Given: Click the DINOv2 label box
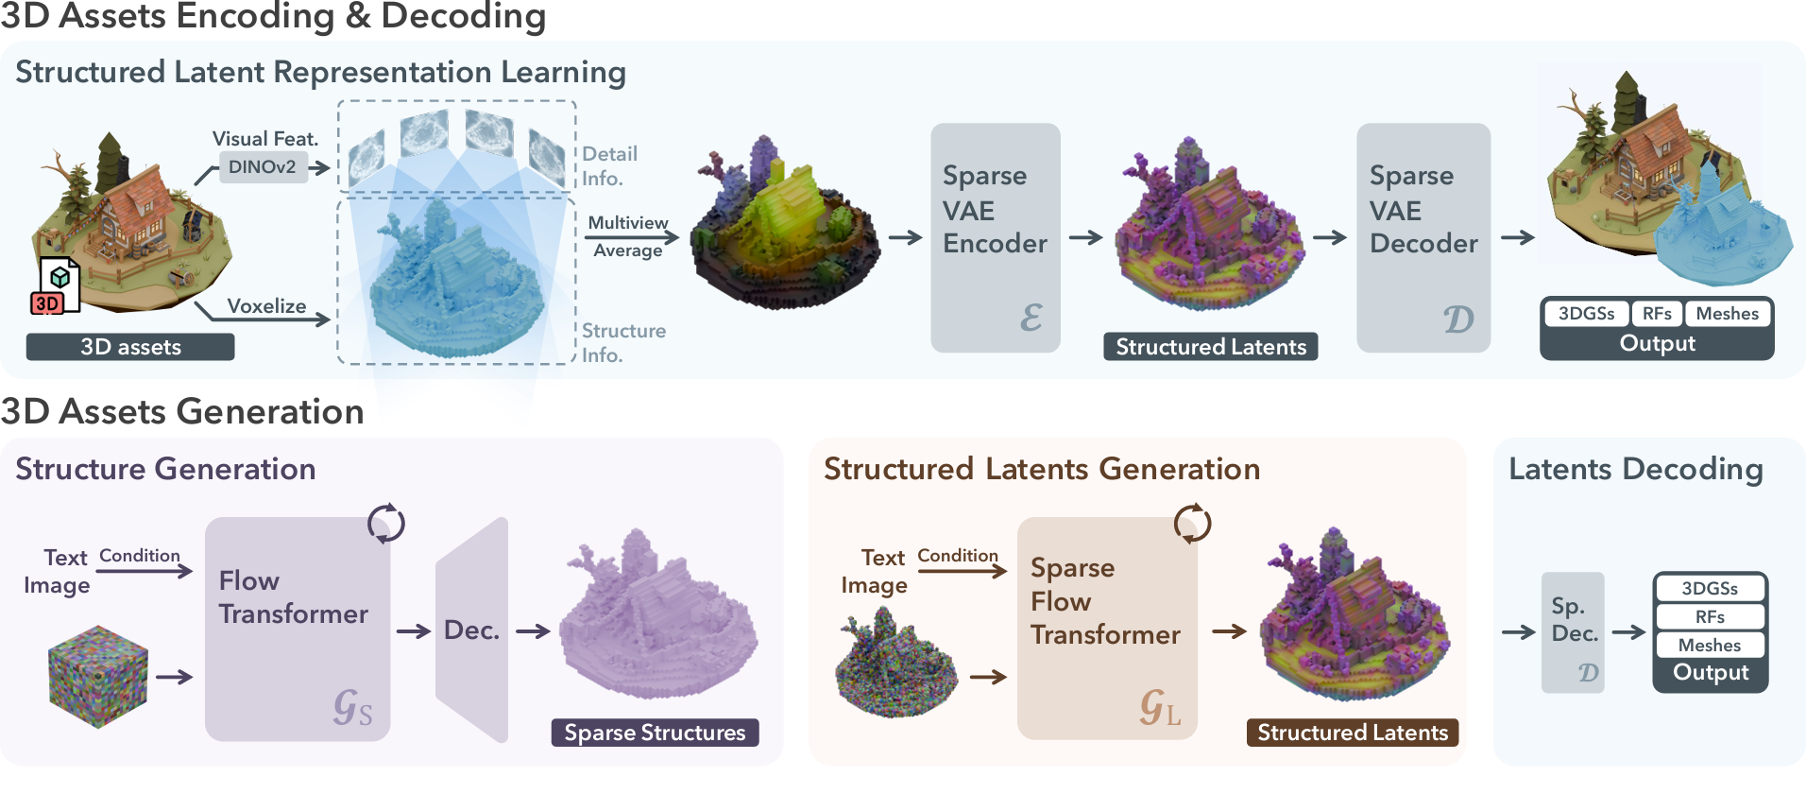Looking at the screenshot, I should [x=263, y=167].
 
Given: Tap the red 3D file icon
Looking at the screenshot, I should [x=57, y=287].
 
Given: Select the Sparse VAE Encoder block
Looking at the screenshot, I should [x=995, y=237].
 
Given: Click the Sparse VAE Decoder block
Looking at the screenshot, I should [x=1423, y=237].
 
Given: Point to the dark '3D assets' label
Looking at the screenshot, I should [x=130, y=347].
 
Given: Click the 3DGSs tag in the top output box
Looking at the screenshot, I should [x=1586, y=314].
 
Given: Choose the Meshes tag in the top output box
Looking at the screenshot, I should [x=1727, y=314].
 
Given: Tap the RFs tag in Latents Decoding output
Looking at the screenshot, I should [x=1710, y=617].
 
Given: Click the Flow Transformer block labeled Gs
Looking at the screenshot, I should [x=298, y=629].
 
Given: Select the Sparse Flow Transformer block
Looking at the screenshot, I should [x=1106, y=629].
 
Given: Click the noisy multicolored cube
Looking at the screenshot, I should [x=98, y=676].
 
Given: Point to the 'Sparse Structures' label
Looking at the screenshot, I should [x=655, y=733].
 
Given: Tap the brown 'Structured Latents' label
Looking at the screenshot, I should [x=1353, y=733].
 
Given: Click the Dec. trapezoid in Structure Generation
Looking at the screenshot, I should [x=471, y=630].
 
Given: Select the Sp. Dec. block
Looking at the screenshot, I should [x=1573, y=631].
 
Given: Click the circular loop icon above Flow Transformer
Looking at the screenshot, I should [x=386, y=523].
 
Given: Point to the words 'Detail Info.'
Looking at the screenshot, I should [x=609, y=165].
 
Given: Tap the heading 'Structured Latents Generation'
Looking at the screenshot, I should [x=1042, y=469].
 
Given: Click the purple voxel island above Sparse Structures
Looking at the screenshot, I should [x=657, y=619].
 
